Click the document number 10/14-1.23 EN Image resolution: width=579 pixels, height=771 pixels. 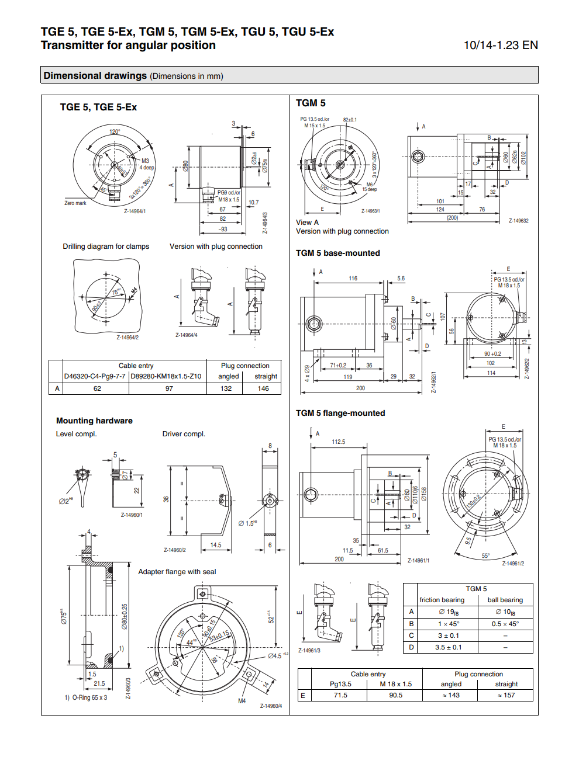[x=501, y=46]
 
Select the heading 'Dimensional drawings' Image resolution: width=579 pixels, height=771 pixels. [x=95, y=75]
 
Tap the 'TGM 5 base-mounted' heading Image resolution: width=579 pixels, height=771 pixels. [x=337, y=253]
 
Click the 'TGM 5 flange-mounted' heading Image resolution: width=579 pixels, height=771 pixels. [x=340, y=413]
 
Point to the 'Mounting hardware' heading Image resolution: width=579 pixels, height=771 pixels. [x=94, y=421]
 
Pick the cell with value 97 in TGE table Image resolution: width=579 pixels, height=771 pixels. [x=169, y=388]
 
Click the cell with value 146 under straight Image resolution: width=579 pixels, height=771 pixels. [x=263, y=388]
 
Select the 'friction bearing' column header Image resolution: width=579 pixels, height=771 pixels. [x=442, y=600]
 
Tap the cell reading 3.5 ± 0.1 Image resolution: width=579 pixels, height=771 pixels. [x=448, y=647]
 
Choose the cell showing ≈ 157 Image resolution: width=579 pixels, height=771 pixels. [x=506, y=695]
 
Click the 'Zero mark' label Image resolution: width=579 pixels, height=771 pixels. [x=75, y=203]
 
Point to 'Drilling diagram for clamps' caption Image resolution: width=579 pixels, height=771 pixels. [x=106, y=246]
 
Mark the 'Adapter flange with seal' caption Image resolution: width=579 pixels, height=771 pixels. [x=177, y=572]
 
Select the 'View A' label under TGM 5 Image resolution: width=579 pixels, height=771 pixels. [x=307, y=223]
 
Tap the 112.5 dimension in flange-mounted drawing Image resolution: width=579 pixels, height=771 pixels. [x=339, y=442]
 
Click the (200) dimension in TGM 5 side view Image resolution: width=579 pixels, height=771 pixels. [x=452, y=218]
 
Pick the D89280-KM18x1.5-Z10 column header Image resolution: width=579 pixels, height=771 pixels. [x=166, y=376]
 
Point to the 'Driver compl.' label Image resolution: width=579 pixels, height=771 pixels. [x=184, y=434]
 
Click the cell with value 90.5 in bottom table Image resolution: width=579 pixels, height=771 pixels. [x=395, y=695]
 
